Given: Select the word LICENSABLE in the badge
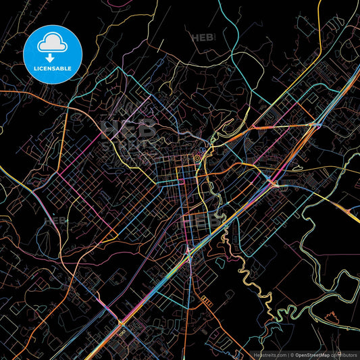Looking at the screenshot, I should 53,68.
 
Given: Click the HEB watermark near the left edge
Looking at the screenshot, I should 56,220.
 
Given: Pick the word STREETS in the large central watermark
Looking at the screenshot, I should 129,144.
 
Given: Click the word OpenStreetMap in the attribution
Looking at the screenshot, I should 312,354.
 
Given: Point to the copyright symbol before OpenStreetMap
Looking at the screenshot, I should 292,354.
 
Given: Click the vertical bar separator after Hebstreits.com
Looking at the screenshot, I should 287,354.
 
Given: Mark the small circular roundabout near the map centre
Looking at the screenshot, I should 197,158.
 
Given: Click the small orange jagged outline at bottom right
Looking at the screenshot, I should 332,317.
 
